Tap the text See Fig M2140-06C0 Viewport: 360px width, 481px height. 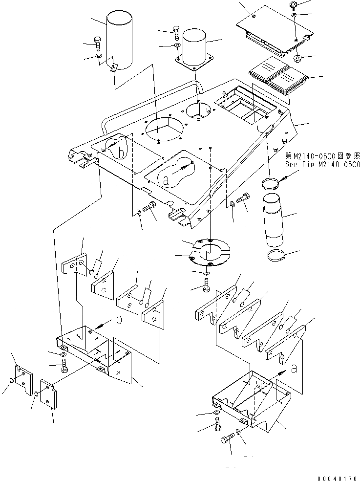point(322,164)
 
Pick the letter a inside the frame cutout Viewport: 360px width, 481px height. point(166,180)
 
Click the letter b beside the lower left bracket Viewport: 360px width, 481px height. point(118,321)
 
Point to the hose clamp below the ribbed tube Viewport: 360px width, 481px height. point(276,256)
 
